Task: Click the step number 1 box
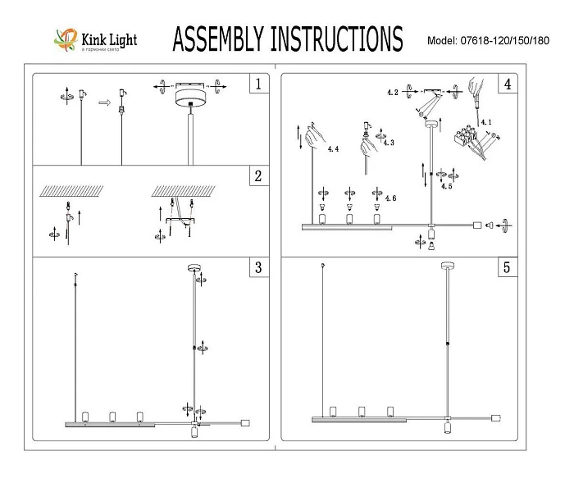coord(258,84)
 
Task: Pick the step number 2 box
coord(258,176)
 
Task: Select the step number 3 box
coord(258,267)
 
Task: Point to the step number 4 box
coord(508,84)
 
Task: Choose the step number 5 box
coord(508,267)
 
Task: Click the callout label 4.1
coord(487,123)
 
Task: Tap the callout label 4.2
coord(393,93)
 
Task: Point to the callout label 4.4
coord(332,150)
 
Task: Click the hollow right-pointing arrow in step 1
coord(103,103)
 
